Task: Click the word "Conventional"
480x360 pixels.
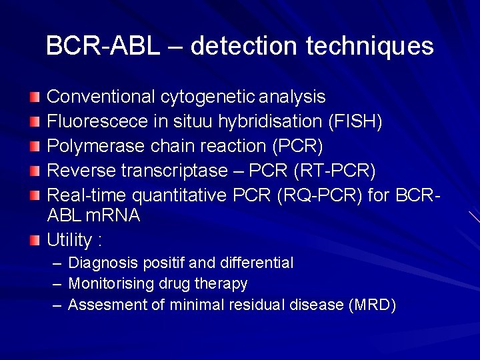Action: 101,97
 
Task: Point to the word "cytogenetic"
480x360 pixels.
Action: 207,97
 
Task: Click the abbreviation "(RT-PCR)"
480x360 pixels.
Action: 334,171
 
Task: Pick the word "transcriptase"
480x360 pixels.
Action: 174,171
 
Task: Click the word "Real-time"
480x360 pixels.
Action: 87,195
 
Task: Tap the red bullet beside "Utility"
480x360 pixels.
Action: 35,238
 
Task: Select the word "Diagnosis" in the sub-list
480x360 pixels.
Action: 101,263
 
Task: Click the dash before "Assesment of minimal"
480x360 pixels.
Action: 56,305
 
